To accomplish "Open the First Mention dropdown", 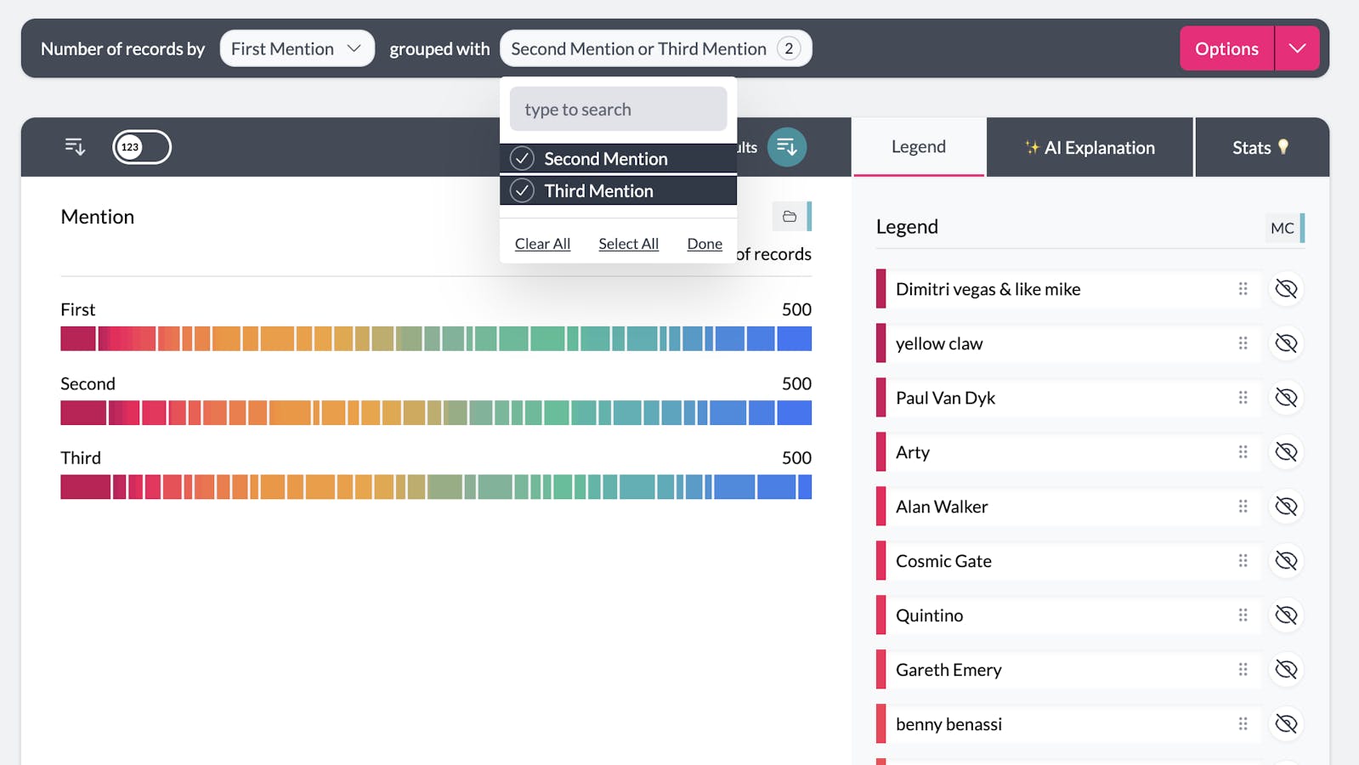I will [x=296, y=49].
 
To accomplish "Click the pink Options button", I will [x=1226, y=49].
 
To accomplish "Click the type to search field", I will [x=618, y=110].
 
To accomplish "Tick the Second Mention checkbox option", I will [x=522, y=159].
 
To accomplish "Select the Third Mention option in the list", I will [x=598, y=191].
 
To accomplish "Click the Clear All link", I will [x=542, y=244].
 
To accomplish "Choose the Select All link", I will [x=628, y=244].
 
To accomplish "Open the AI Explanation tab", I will [x=1090, y=148].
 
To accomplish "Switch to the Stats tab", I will [x=1260, y=148].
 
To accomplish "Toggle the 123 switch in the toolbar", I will [x=142, y=147].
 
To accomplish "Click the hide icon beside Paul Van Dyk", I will [x=1286, y=398].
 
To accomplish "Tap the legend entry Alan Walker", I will [x=942, y=507].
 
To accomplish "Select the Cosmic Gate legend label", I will [x=943, y=561].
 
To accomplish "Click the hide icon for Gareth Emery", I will [x=1286, y=670].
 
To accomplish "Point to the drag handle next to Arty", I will [x=1243, y=452].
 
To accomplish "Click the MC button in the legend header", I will [x=1282, y=228].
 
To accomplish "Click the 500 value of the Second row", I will [x=796, y=383].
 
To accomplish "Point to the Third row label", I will [x=81, y=458].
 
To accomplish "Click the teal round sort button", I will [x=786, y=147].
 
